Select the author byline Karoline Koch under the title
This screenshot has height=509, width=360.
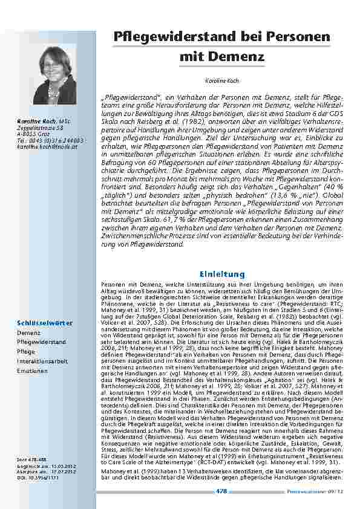click(222, 80)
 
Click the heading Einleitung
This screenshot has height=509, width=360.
click(222, 274)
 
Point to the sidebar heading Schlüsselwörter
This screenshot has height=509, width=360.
click(45, 323)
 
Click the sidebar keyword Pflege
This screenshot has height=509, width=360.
click(27, 351)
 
